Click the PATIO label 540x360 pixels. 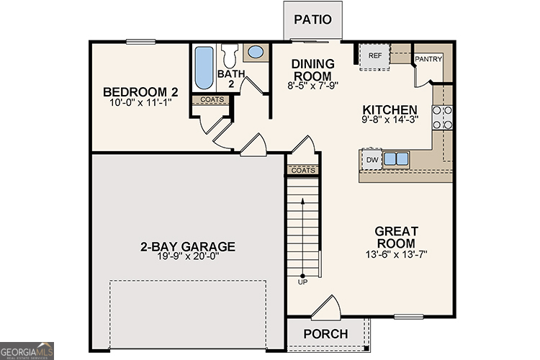pyautogui.click(x=312, y=19)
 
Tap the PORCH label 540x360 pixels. pyautogui.click(x=325, y=334)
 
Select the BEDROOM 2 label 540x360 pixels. pyautogui.click(x=140, y=92)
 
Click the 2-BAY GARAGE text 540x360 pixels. pyautogui.click(x=187, y=247)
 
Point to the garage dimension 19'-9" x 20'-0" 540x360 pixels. pyautogui.click(x=187, y=258)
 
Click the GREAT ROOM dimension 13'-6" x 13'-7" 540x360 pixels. pyautogui.click(x=396, y=254)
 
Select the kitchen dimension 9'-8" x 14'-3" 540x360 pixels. pyautogui.click(x=389, y=120)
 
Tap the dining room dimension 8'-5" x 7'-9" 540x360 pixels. pyautogui.click(x=312, y=85)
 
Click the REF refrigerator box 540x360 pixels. pyautogui.click(x=374, y=56)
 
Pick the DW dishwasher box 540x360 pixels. pyautogui.click(x=372, y=160)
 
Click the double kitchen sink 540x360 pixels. pyautogui.click(x=395, y=159)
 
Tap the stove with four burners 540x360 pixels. pyautogui.click(x=441, y=117)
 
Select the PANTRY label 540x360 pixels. pyautogui.click(x=428, y=59)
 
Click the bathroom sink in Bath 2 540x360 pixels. pyautogui.click(x=255, y=52)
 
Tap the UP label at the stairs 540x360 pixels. pyautogui.click(x=302, y=282)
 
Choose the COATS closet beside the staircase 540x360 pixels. pyautogui.click(x=303, y=171)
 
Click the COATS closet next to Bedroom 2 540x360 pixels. pyautogui.click(x=211, y=100)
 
